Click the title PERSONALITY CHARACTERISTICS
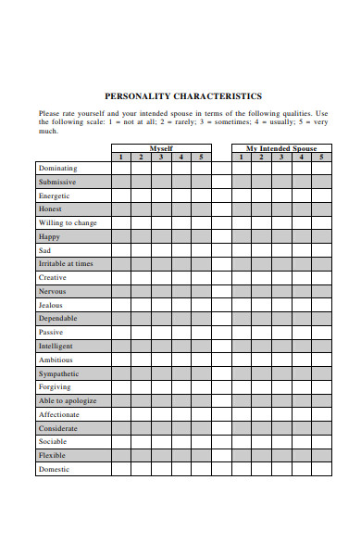(182, 95)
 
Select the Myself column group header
(160, 148)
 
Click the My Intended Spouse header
(280, 148)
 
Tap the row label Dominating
(57, 169)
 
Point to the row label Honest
(50, 209)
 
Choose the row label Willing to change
(67, 223)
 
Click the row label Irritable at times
(66, 264)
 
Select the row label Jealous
(51, 305)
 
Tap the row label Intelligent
(56, 346)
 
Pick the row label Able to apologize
(67, 400)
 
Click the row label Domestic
(54, 469)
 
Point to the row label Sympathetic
(59, 373)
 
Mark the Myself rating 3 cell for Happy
(161, 236)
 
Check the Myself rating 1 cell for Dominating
(120, 169)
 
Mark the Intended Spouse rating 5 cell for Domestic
(321, 469)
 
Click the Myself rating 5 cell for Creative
(201, 277)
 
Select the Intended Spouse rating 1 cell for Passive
(241, 332)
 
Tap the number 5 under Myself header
(201, 157)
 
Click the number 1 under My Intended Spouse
(241, 157)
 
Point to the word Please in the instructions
(49, 113)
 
